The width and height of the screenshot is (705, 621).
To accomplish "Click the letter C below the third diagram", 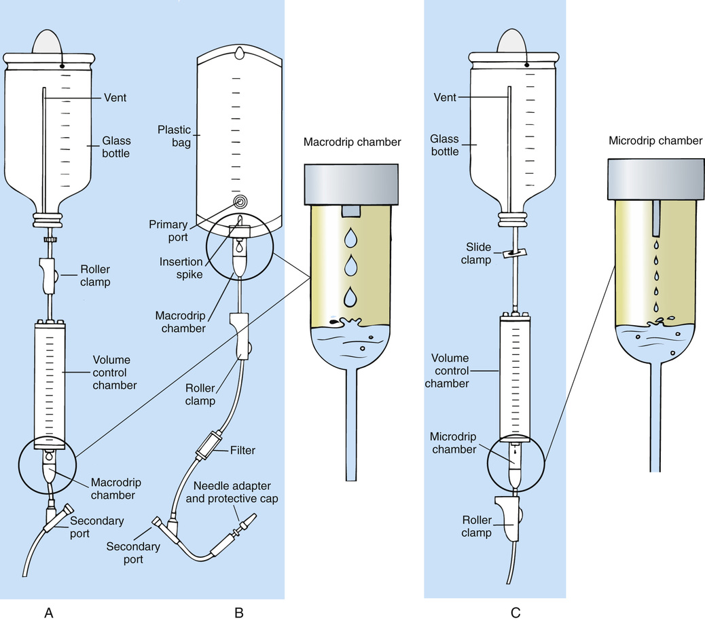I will point(516,612).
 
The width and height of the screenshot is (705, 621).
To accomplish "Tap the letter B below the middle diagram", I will point(238,612).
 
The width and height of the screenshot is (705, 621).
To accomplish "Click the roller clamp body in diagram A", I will point(47,274).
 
